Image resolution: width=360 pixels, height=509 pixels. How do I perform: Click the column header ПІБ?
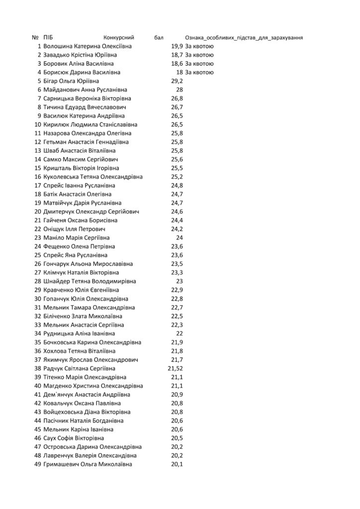pos(49,38)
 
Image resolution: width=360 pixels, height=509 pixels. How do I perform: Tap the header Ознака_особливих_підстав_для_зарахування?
pos(244,38)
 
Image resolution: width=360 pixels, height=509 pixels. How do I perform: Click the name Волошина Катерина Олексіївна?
pos(87,46)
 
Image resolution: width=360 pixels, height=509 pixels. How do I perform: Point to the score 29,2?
pos(177,81)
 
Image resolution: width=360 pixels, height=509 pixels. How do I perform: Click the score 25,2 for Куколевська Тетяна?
pos(177,177)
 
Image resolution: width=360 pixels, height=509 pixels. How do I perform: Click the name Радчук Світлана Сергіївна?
pos(80,368)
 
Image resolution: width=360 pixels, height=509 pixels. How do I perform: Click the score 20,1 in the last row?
pos(177,464)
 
